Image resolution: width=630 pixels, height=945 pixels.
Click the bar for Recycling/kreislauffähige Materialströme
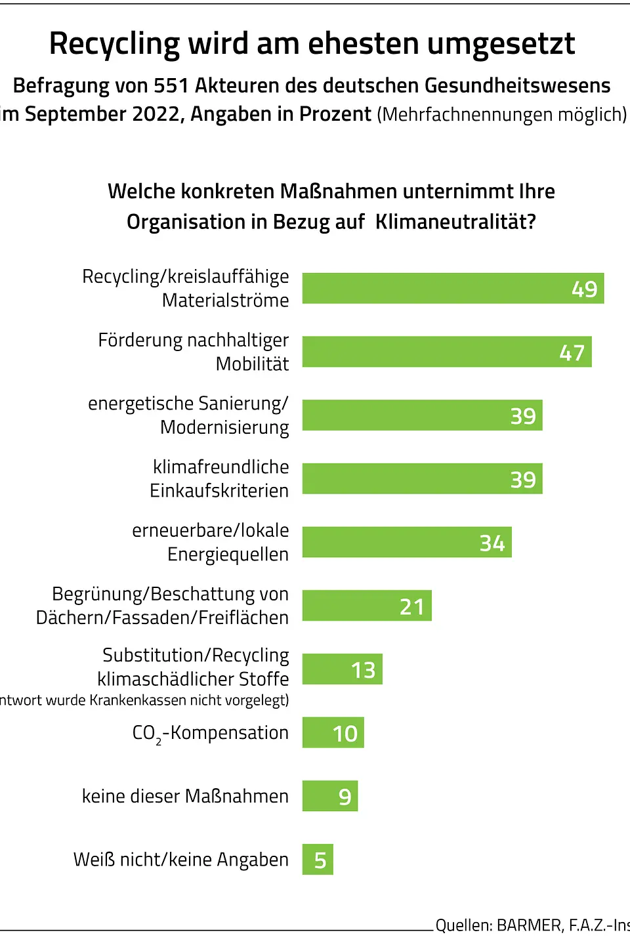pyautogui.click(x=453, y=289)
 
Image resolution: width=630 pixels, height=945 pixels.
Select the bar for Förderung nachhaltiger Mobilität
pyautogui.click(x=447, y=352)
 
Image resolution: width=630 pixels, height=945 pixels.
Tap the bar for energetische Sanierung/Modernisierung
pyautogui.click(x=422, y=415)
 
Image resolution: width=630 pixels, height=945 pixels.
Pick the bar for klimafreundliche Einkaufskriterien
pyautogui.click(x=422, y=479)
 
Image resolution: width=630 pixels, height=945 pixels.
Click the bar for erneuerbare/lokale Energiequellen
pyautogui.click(x=407, y=543)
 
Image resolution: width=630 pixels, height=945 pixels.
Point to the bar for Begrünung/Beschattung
pyautogui.click(x=367, y=606)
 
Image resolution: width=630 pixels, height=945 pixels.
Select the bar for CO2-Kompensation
pyautogui.click(x=333, y=733)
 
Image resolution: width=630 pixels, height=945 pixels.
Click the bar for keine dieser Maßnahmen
pyautogui.click(x=329, y=796)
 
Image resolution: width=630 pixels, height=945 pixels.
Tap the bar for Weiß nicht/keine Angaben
pyautogui.click(x=318, y=860)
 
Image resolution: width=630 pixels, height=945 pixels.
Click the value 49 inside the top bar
pyautogui.click(x=584, y=289)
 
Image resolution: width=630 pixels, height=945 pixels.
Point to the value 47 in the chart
pyautogui.click(x=572, y=353)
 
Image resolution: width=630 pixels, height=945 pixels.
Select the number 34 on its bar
pyautogui.click(x=492, y=543)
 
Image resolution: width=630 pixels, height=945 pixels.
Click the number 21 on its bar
pyautogui.click(x=412, y=607)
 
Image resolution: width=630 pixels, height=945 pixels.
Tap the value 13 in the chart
pyautogui.click(x=363, y=670)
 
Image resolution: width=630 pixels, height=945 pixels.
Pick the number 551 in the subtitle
pyautogui.click(x=171, y=86)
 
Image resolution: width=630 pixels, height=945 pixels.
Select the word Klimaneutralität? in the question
pyautogui.click(x=455, y=222)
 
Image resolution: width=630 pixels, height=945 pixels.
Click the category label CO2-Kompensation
pyautogui.click(x=210, y=733)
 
